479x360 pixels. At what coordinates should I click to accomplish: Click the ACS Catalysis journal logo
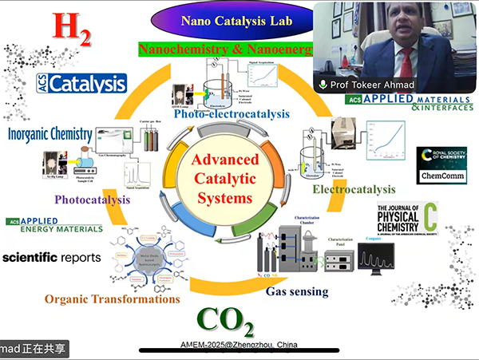81,84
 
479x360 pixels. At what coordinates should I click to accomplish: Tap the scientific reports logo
52,258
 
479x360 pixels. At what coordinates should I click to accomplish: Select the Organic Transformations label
112,299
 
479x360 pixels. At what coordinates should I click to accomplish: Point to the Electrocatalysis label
354,189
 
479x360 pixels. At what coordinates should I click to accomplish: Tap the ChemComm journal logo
437,175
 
